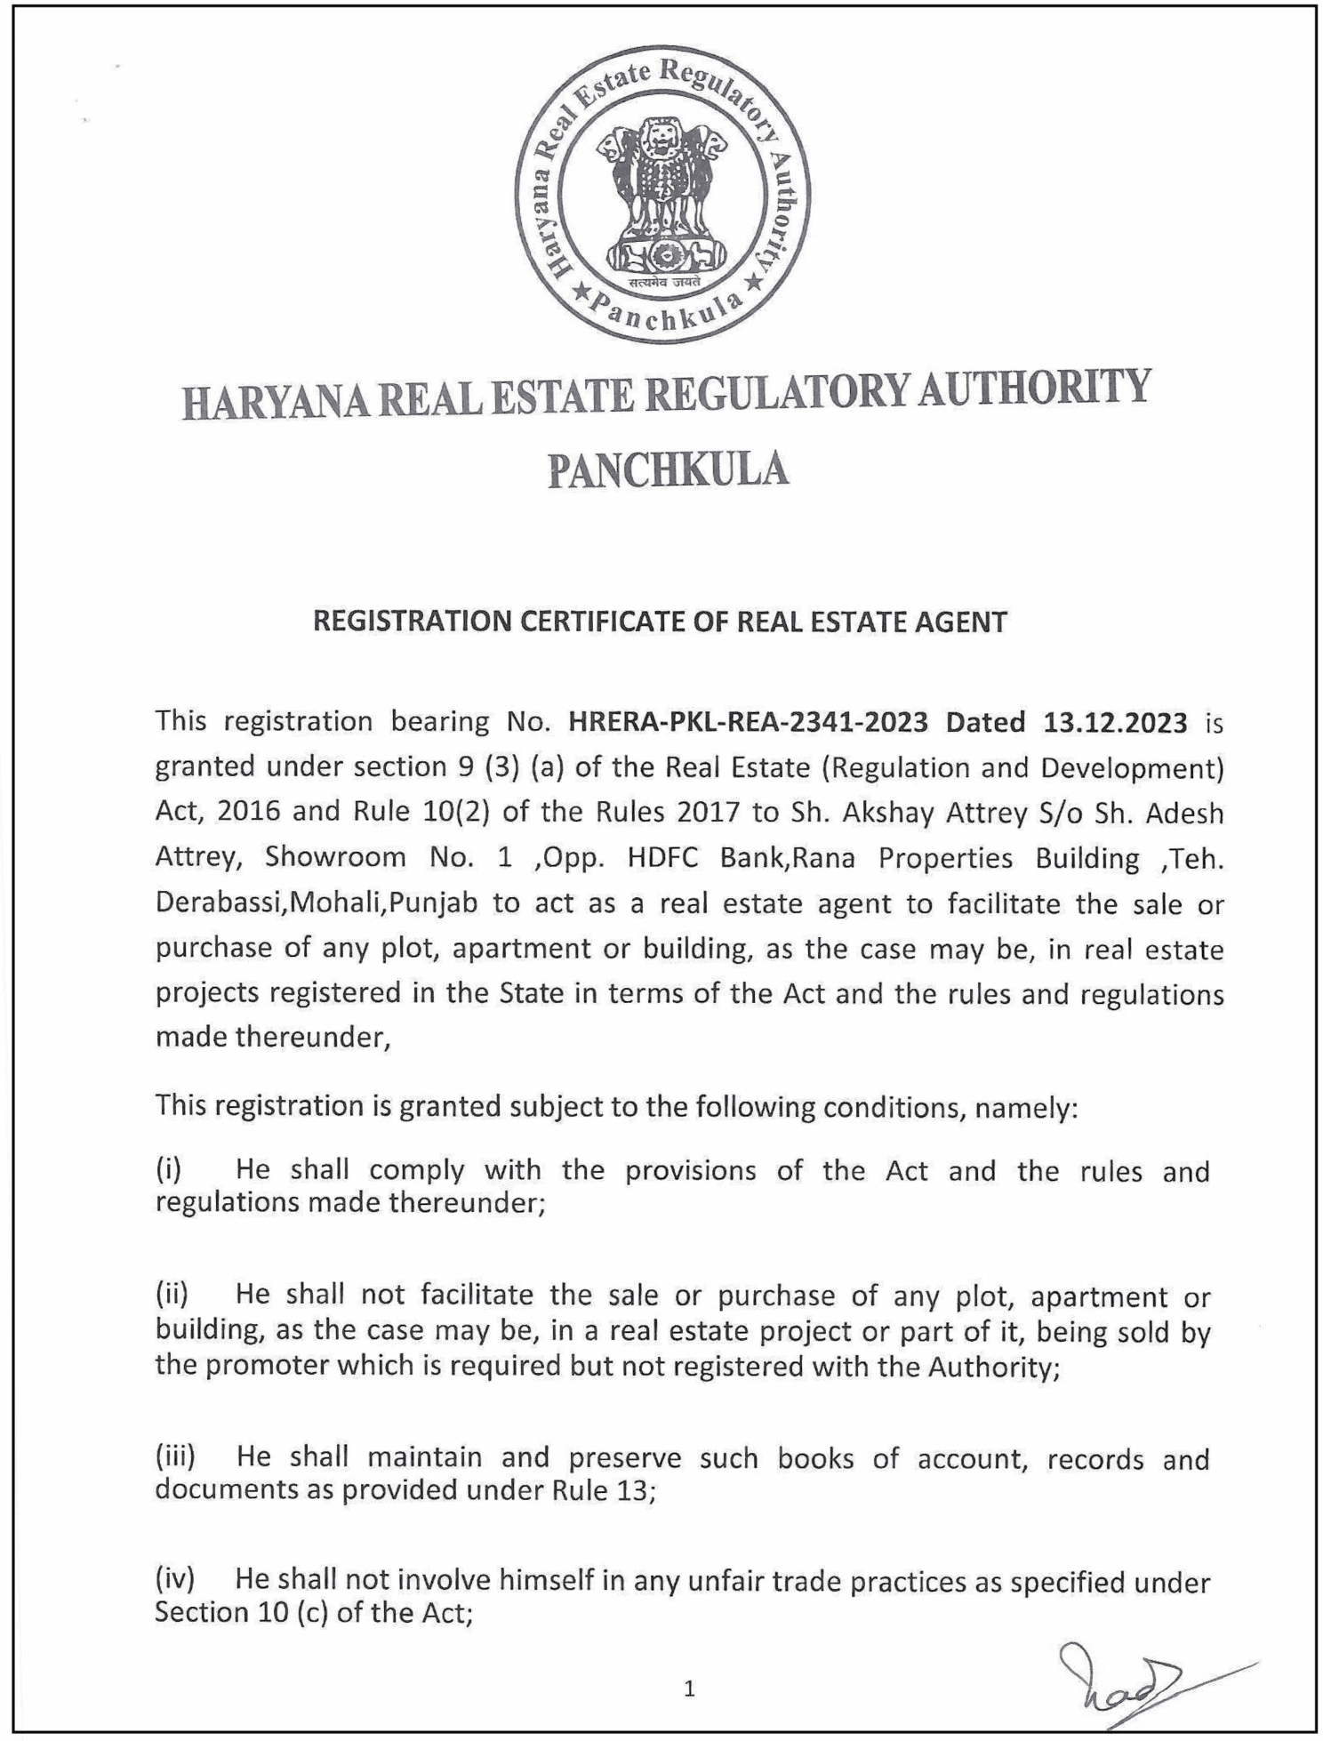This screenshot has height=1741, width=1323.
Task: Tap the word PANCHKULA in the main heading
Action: click(668, 469)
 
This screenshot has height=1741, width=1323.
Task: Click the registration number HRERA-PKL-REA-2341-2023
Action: click(748, 721)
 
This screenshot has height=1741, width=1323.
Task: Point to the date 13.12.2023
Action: click(1115, 722)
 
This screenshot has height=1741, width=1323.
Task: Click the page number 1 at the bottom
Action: click(689, 1689)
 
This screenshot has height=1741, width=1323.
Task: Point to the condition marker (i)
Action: click(168, 1169)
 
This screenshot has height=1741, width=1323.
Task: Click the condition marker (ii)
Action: click(172, 1295)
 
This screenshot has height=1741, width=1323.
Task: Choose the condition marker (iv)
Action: click(174, 1580)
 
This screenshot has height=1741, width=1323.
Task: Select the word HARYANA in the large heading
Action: click(274, 402)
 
